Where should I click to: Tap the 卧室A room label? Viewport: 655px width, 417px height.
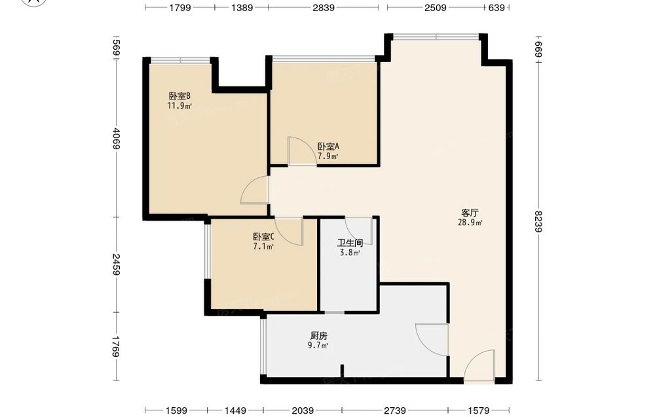click(328, 147)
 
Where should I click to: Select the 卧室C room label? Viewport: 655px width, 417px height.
click(263, 237)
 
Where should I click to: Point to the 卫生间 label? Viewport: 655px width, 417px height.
click(350, 243)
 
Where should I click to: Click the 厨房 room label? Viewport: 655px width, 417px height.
click(319, 336)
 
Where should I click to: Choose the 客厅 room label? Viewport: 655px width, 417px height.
click(470, 213)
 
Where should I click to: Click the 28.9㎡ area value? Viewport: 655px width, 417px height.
click(470, 223)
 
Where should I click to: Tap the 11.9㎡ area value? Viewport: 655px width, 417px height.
click(179, 106)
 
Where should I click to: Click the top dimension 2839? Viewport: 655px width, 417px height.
click(324, 7)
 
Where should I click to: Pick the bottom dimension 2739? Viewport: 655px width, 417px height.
click(395, 410)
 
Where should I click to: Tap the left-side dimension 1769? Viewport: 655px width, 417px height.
click(117, 347)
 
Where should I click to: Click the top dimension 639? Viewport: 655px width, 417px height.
click(496, 7)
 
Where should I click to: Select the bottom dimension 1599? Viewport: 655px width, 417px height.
click(176, 410)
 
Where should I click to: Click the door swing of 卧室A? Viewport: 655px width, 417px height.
click(302, 151)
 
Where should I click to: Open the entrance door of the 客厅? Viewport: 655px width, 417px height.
click(479, 365)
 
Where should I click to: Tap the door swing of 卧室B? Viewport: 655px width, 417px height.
click(254, 190)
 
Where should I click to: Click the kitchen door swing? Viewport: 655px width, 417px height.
click(432, 339)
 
